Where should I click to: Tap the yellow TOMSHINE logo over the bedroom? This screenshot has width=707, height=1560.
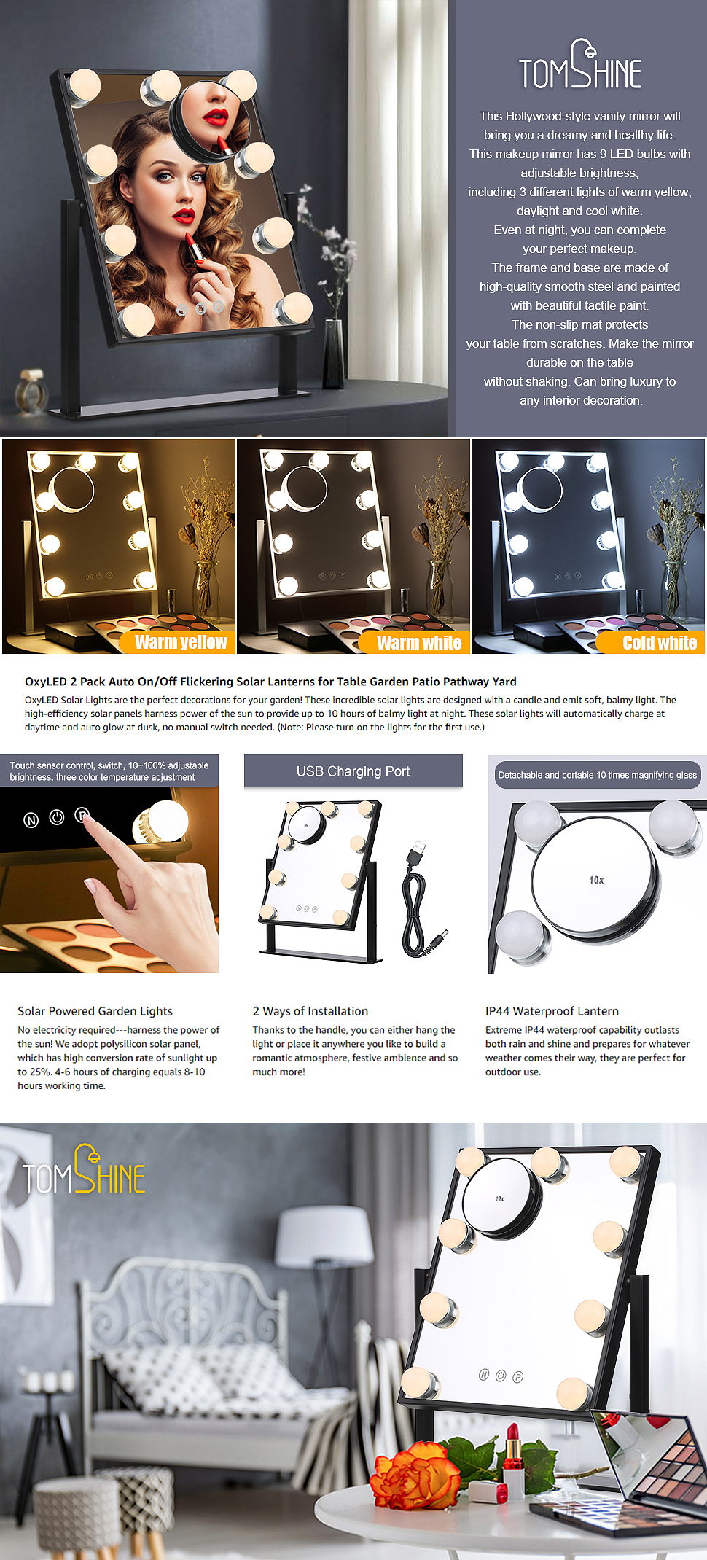click(84, 1169)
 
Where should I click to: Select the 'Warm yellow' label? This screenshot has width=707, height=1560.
click(181, 642)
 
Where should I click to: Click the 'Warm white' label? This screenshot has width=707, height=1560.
click(419, 642)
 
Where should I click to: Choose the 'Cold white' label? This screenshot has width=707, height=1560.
click(660, 642)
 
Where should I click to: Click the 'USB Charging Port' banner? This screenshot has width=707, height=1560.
click(353, 771)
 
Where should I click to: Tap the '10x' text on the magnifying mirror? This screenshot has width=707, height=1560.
click(596, 880)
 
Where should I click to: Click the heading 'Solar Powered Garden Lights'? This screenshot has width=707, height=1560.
click(95, 1011)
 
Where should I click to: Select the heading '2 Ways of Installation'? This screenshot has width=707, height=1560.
click(310, 1011)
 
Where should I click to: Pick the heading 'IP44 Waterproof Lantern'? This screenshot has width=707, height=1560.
click(552, 1011)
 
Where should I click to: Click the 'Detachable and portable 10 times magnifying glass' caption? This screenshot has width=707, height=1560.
click(598, 775)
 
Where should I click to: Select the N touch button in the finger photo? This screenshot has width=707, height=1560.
click(31, 820)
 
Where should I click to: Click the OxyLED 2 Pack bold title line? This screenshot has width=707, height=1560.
click(270, 682)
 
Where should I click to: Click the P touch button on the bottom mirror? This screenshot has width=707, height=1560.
click(517, 1377)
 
